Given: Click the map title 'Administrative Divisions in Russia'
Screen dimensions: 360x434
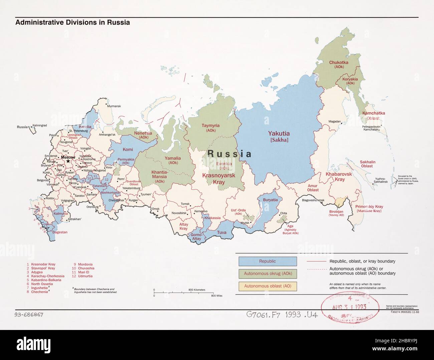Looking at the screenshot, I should point(72,23).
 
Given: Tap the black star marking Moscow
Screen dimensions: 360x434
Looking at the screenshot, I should point(68,161).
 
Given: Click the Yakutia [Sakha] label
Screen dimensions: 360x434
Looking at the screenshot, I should point(279,136).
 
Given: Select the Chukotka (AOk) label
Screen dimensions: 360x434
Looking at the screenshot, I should point(339,64).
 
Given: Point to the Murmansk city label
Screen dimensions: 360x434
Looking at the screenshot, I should point(114,106).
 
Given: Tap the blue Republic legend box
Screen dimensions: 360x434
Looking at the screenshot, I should point(267,261).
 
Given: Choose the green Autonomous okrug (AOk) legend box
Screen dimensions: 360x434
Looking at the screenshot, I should point(267,274).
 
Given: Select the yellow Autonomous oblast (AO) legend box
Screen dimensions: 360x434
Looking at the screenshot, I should point(267,286).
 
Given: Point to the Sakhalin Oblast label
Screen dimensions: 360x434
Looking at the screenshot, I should point(367,164).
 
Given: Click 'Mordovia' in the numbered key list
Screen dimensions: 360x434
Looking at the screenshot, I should point(85,264).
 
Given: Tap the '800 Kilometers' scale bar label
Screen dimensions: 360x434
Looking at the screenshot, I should point(197,290).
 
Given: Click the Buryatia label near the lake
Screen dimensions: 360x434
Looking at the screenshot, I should point(270,200).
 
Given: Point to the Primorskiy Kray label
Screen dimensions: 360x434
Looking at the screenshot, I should point(369,209).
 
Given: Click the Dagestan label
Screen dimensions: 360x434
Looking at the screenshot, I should point(60,232).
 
